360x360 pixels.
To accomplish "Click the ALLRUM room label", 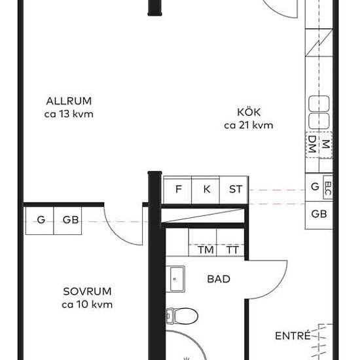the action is pos(69,101).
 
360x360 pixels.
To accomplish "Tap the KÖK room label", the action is pos(249,112).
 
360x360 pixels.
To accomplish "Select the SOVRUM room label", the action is pos(87,291).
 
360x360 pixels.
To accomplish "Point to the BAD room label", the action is pos(219,279).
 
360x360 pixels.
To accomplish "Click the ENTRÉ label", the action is pos(293,336).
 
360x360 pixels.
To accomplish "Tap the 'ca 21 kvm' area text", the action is pos(249,126).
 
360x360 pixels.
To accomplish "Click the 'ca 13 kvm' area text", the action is pos(69,114).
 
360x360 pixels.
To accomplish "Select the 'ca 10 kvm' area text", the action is pos(87,304).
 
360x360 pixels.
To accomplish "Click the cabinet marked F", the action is pos(177,190).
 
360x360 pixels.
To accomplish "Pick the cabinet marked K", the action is pos(206,190).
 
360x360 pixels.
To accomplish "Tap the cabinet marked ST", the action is pos(234,190).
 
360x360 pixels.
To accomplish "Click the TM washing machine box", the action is pos(202,242).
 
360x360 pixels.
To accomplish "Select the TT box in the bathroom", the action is pos(230,242).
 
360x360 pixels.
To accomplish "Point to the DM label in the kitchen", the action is pos(312,145).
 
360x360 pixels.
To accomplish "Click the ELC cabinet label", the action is pos(329,189).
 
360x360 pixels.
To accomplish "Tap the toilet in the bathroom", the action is pos(182,316).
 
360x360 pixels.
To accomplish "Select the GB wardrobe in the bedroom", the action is pos(67,221).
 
